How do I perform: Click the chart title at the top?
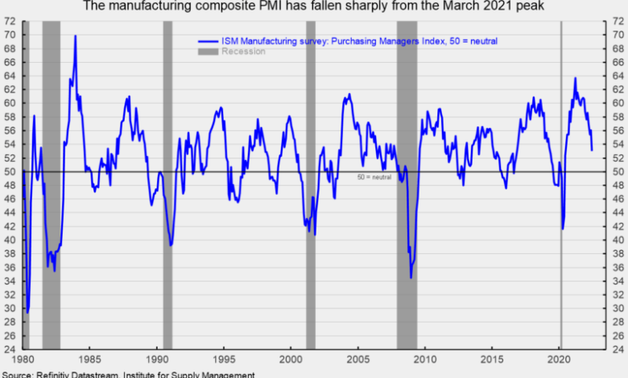click(314, 6)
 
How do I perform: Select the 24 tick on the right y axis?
click(617, 349)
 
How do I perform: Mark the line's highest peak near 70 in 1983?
click(75, 35)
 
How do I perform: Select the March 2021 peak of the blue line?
click(575, 78)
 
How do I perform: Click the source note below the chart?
click(129, 374)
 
